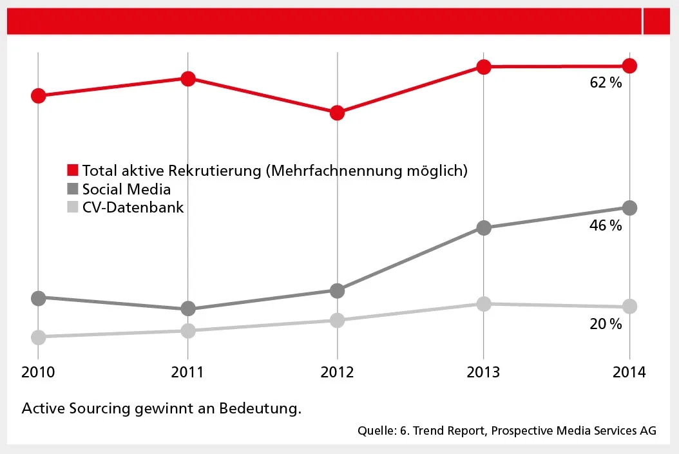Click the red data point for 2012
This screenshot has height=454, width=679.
pos(337,113)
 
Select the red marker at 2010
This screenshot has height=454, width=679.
pos(38,95)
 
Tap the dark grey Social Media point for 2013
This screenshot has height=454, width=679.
pos(484,227)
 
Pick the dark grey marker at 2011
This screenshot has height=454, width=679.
pos(187,308)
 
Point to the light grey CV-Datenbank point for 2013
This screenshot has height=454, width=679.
pos(484,303)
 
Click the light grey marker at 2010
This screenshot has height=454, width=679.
pos(38,337)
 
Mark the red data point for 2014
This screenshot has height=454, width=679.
pos(630,66)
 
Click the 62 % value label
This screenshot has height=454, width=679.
pos(606,82)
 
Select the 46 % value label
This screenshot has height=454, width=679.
pos(606,225)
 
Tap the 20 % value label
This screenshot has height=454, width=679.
pos(606,324)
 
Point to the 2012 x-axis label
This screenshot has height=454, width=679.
pos(337,373)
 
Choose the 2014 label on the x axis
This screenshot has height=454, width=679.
pos(629,373)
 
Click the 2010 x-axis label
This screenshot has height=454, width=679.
pos(39,373)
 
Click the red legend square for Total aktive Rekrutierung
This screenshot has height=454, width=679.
pos(73,171)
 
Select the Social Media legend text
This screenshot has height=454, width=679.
pos(126,189)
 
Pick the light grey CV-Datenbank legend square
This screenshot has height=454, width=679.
pos(73,207)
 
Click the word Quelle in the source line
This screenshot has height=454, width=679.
pos(375,431)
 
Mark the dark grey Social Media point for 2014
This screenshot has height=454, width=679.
pos(630,207)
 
